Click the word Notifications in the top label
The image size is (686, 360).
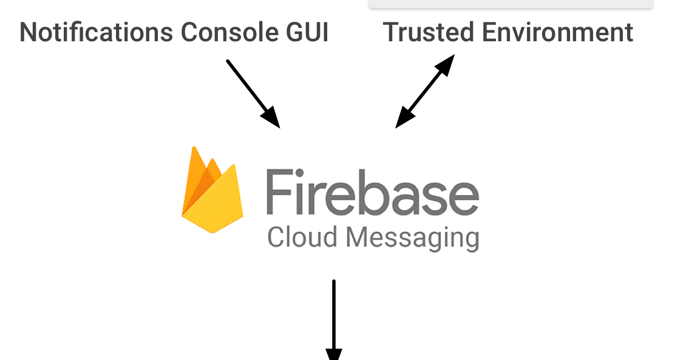tap(96, 32)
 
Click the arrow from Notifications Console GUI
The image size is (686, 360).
tap(252, 93)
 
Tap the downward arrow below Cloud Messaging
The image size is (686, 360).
tap(334, 316)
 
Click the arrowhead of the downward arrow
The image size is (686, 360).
tap(334, 353)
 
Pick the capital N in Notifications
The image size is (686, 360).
tap(29, 32)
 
